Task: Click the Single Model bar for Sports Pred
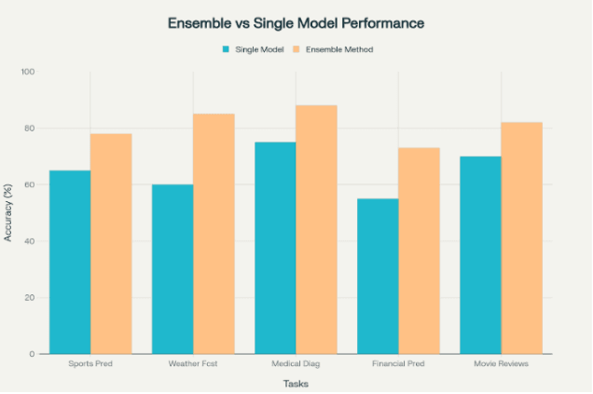70,262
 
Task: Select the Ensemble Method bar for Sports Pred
111,243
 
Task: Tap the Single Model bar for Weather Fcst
172,269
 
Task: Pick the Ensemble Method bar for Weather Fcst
214,234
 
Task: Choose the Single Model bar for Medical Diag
275,248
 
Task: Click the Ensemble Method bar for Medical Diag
316,229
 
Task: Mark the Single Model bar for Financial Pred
378,276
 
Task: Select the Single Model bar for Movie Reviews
480,255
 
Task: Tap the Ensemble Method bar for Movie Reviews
521,238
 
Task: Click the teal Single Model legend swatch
226,49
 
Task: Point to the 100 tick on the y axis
28,72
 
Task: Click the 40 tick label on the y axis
30,241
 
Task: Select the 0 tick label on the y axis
33,354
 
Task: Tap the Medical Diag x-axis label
296,363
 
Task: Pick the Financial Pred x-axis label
398,363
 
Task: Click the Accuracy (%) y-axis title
8,213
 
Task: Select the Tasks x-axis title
296,383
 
